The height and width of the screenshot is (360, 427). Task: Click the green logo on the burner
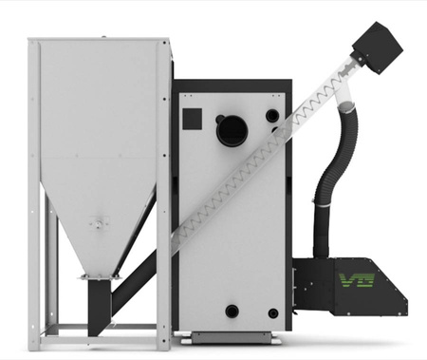tap(357, 280)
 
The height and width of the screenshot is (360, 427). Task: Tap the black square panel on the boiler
tap(193, 119)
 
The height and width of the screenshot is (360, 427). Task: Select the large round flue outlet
tap(232, 131)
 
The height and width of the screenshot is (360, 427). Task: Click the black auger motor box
tap(378, 47)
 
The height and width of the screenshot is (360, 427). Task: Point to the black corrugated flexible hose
tap(335, 178)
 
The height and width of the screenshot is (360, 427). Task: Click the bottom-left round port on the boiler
tap(232, 312)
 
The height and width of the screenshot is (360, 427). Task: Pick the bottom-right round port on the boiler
tap(273, 313)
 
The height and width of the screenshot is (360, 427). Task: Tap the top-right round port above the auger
tap(272, 116)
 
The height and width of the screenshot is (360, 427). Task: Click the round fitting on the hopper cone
tap(99, 223)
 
